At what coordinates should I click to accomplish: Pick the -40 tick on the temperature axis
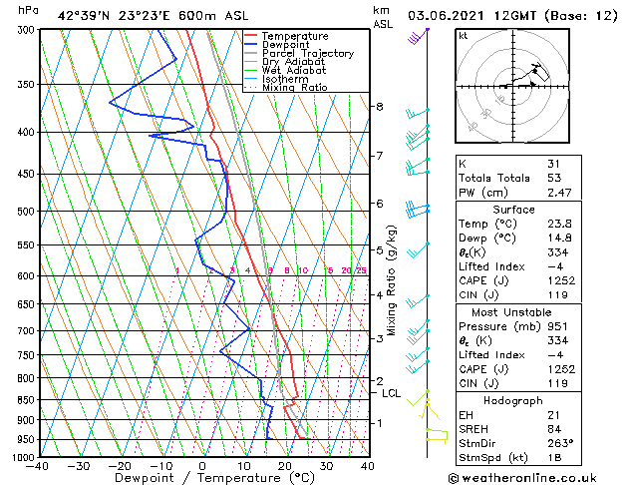tap(38, 466)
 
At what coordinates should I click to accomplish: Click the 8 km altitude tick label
tap(380, 107)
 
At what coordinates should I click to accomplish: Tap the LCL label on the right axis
tap(391, 393)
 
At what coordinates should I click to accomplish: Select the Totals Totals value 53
tap(554, 177)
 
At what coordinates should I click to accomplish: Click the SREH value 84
tap(554, 428)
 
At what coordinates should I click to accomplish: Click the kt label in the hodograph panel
tap(463, 35)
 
